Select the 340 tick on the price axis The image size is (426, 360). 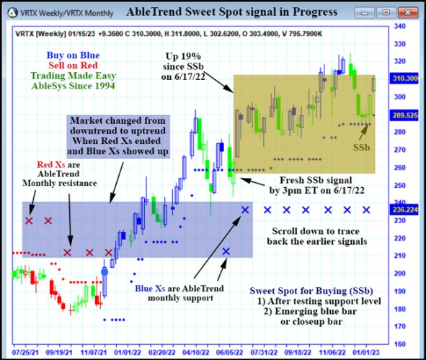399,26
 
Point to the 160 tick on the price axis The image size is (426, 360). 399,343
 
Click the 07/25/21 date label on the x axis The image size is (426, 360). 25,353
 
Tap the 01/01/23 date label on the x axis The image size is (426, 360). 373,353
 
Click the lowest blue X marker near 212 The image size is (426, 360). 226,251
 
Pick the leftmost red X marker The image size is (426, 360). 30,220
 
